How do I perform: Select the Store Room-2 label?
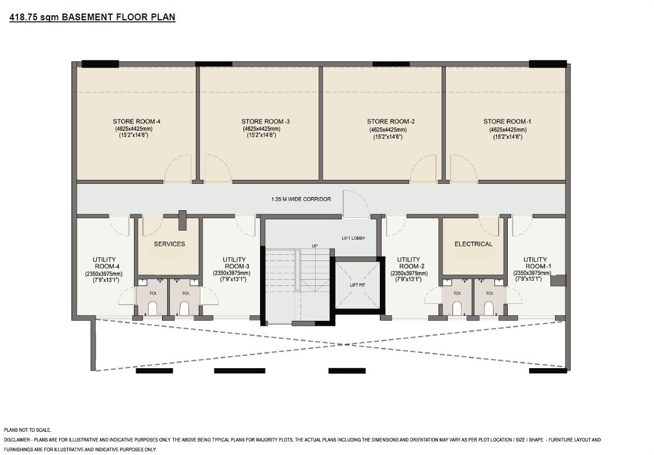click(391, 122)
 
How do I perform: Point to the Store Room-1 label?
click(507, 122)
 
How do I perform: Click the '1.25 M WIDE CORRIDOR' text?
click(301, 199)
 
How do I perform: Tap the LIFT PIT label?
click(357, 285)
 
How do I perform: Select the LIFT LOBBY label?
click(353, 238)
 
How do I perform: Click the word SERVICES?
click(169, 244)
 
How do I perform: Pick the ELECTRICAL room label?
click(473, 244)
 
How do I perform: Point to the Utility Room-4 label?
click(104, 263)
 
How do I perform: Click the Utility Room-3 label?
click(234, 263)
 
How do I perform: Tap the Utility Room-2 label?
click(409, 263)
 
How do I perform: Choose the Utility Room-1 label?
click(535, 263)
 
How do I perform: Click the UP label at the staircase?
click(315, 246)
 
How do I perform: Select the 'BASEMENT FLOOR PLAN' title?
click(122, 17)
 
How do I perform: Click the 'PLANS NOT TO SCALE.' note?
click(28, 430)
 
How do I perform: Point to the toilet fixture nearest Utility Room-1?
click(490, 309)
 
